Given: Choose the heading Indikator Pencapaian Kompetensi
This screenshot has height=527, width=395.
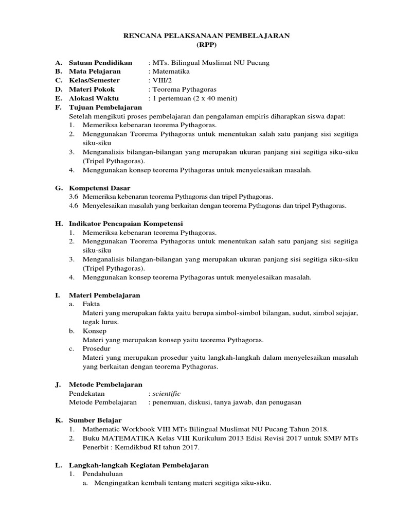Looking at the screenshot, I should click(x=126, y=223).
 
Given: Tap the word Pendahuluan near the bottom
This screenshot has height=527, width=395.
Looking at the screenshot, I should click(x=101, y=474).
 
